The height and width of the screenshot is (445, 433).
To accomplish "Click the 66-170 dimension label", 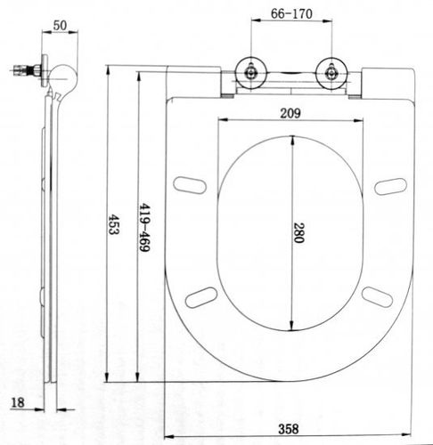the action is (291, 13).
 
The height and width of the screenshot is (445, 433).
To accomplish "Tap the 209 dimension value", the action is (290, 113).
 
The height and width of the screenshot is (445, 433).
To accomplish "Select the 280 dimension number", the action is (298, 233).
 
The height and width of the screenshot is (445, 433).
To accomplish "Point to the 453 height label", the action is (113, 224).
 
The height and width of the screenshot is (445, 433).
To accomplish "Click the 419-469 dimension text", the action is (144, 227).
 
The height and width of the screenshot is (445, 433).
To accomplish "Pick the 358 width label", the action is (288, 429).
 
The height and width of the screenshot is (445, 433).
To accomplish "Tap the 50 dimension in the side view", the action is (60, 26).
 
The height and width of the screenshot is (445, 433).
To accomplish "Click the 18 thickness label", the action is (18, 402).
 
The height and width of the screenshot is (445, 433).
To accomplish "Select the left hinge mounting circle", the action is (251, 72).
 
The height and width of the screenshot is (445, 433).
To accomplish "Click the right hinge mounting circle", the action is (331, 73).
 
